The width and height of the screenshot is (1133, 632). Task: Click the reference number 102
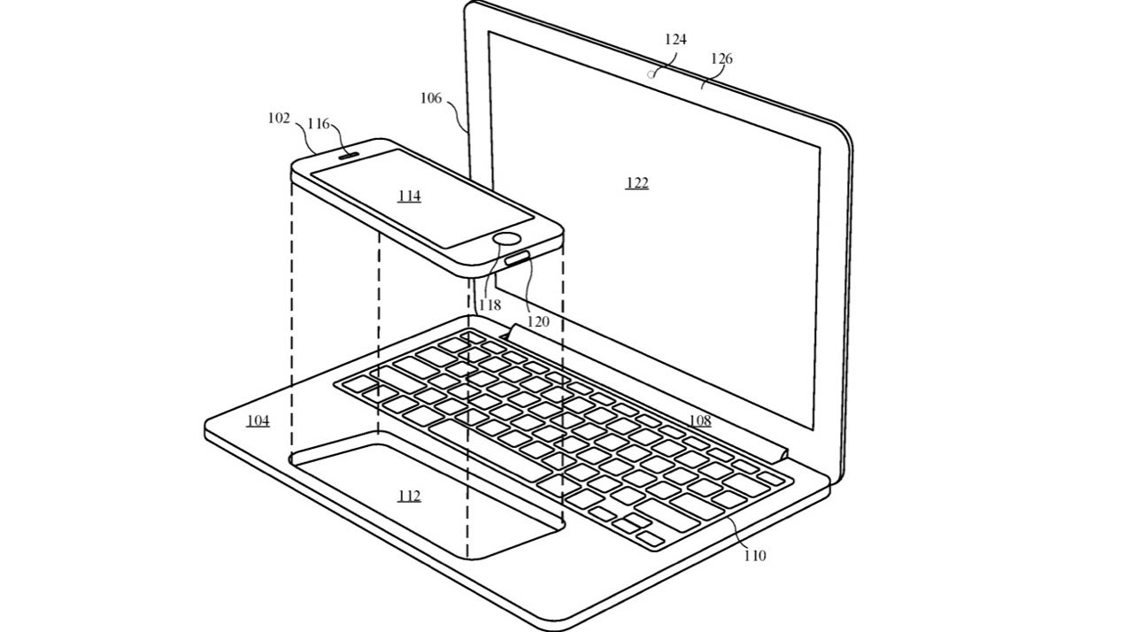coord(279,119)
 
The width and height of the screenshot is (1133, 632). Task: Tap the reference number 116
coord(319,124)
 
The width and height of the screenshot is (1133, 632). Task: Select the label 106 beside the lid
coord(431,98)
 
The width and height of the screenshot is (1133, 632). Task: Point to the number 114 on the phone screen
coord(409,196)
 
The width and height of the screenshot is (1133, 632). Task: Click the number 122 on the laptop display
coord(637,182)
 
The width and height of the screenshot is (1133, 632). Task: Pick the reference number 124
coord(675,40)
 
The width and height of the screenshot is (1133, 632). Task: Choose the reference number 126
coord(721,59)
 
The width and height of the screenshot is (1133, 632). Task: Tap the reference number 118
coord(490,304)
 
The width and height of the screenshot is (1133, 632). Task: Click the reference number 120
coord(538,321)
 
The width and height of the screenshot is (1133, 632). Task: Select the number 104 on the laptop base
coord(258,420)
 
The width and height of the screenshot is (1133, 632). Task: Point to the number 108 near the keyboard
coord(700,420)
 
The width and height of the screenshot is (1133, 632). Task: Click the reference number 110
coord(755,556)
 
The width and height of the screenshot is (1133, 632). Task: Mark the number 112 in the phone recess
coord(409,496)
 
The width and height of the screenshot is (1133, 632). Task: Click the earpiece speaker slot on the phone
coord(348,154)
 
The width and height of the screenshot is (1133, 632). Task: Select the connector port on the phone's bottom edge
coord(517,259)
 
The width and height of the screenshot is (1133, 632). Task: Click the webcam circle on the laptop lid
coord(651,75)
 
